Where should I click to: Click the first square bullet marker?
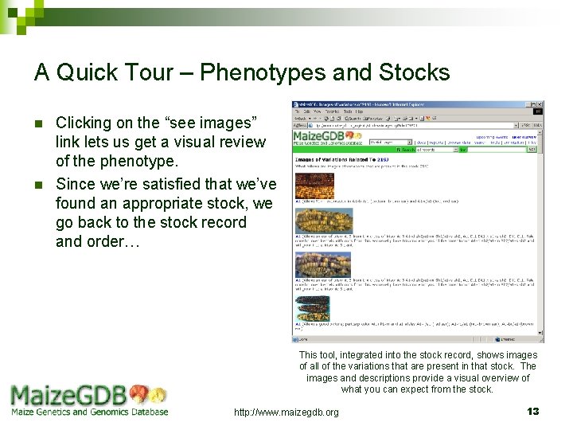coord(38,123)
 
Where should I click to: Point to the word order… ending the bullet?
coord(98,241)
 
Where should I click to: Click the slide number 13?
coord(533,411)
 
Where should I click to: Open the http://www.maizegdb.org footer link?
coord(286,412)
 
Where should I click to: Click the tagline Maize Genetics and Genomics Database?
coord(89,412)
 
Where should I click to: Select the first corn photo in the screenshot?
coord(314,186)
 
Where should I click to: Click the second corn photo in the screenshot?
coord(322,220)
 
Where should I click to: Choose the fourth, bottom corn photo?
coord(312,308)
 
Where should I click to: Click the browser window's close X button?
coord(539,105)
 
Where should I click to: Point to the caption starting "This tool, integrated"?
coord(418,372)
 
